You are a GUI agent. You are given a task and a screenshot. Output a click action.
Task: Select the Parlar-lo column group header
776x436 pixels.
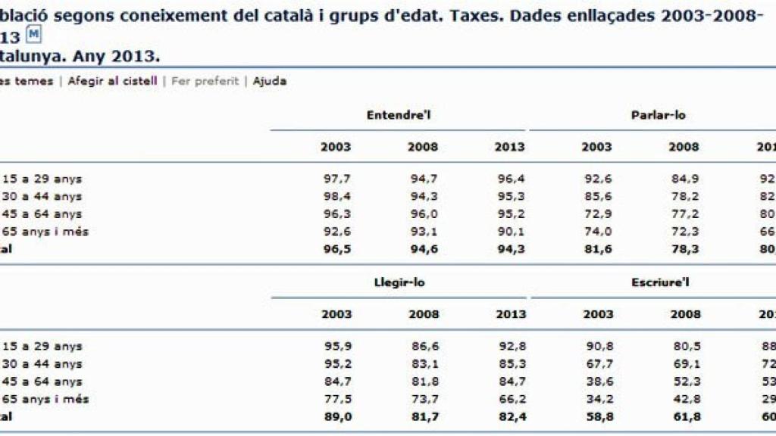point(658,115)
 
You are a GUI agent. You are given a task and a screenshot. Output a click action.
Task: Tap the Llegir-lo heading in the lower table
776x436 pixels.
point(399,282)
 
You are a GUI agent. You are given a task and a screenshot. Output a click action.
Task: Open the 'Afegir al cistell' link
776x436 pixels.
point(112,81)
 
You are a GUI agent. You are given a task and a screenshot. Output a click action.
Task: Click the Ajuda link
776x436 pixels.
point(270,81)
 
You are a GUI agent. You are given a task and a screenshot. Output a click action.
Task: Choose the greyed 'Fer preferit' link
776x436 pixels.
point(205,81)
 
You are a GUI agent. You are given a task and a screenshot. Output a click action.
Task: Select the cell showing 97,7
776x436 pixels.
point(336,179)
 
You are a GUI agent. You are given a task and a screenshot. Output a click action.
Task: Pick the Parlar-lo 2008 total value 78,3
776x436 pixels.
point(684,249)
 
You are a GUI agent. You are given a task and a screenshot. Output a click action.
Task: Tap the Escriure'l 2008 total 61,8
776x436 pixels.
point(684,416)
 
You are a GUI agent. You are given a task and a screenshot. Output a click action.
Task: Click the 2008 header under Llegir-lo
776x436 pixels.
point(423,314)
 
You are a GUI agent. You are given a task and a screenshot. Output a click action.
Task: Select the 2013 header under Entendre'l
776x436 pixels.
point(509,147)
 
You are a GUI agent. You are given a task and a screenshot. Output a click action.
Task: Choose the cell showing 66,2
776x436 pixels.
point(510,399)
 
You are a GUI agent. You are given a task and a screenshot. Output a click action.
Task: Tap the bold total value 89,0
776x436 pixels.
point(336,416)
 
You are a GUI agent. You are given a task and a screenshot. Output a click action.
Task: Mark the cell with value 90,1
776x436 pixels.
point(510,232)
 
